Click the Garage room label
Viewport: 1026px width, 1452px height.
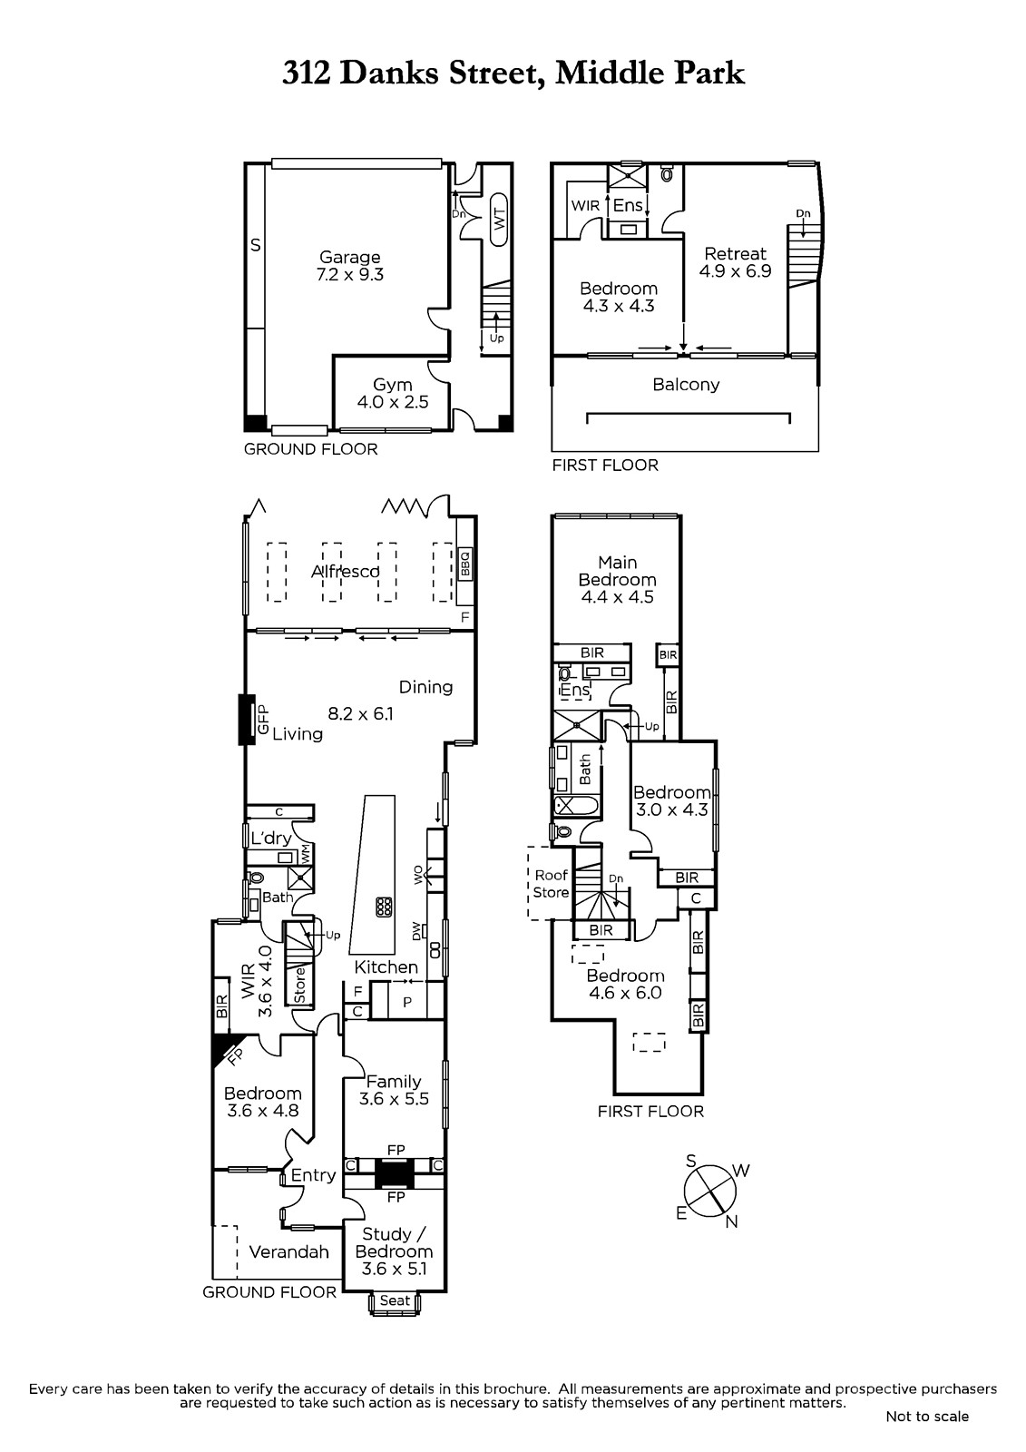[350, 258]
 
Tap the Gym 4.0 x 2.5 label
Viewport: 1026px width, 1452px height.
[393, 393]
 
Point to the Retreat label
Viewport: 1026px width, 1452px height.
[735, 253]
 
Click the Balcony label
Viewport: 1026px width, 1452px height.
[686, 385]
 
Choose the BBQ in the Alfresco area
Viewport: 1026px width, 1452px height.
[465, 564]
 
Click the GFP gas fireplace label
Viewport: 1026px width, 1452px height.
[263, 719]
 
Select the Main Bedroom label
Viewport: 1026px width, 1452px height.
[618, 571]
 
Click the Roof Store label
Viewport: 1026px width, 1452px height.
[551, 884]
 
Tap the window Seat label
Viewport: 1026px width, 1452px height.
[395, 1300]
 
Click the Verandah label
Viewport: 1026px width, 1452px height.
[289, 1251]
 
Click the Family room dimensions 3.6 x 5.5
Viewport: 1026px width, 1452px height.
[394, 1098]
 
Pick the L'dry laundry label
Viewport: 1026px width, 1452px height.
[271, 839]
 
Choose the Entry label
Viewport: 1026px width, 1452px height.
[313, 1176]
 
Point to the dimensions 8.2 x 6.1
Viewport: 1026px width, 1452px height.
[360, 713]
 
